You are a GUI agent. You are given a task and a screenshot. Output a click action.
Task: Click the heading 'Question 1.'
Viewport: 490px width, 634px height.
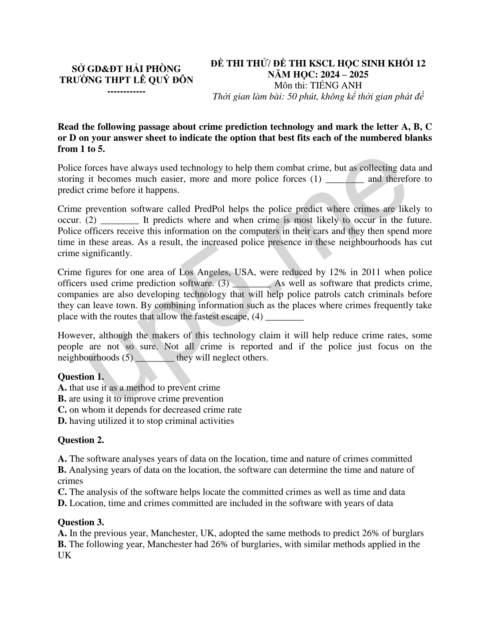81,377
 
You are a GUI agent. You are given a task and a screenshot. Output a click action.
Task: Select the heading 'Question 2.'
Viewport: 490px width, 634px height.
81,440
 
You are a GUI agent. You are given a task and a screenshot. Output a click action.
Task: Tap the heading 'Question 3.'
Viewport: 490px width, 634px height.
81,522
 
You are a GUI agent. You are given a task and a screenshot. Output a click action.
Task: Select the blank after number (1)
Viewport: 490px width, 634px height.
345,179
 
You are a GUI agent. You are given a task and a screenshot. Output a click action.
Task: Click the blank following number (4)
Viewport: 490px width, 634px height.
285,317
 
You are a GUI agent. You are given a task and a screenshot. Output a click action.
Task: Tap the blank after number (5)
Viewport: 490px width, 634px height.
155,357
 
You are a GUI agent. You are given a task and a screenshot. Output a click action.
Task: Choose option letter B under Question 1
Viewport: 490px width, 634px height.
62,399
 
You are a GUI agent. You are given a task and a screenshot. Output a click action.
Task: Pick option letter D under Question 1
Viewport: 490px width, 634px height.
62,421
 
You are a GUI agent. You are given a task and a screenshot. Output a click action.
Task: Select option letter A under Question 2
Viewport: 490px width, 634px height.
62,459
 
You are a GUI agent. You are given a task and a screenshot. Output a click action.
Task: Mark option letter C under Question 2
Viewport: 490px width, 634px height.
62,492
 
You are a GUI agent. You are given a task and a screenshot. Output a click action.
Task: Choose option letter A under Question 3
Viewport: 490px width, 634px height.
62,533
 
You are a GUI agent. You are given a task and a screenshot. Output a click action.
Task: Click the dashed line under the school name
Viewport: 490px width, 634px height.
127,92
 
